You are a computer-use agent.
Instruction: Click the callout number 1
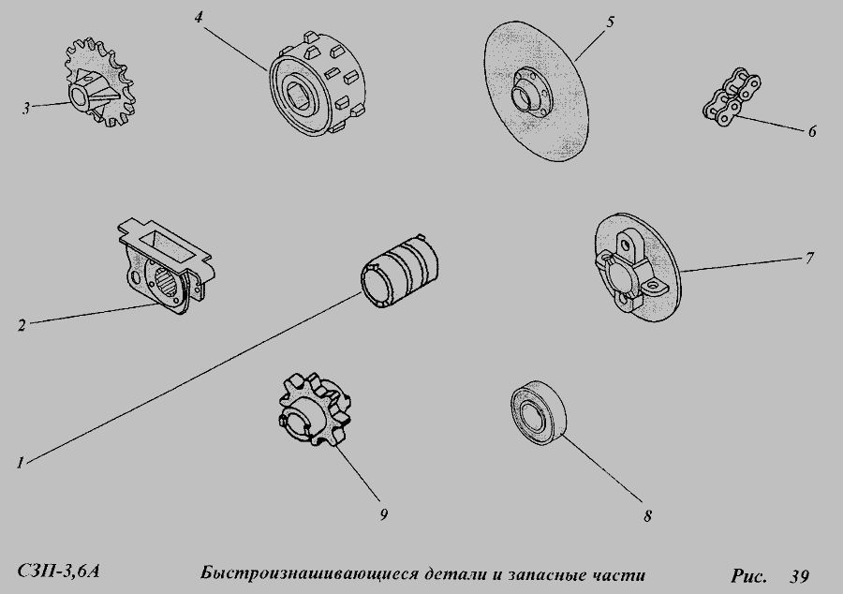[21, 462]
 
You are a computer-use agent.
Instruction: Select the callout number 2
[22, 325]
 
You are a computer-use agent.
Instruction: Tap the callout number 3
[26, 108]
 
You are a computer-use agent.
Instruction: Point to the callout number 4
[199, 17]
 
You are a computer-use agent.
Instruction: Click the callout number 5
[610, 22]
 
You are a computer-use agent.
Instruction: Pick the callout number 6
[812, 131]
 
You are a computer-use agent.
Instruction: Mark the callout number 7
[809, 258]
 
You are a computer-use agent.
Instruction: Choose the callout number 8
[647, 516]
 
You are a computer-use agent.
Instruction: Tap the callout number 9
[383, 514]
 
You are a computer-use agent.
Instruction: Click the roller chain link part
[732, 96]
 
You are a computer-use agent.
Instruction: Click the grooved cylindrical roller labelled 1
[403, 271]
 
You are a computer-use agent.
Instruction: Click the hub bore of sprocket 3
[78, 97]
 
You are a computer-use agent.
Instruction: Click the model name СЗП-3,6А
[58, 572]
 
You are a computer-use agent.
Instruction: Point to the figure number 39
[800, 575]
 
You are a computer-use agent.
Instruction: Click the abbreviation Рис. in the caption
[748, 575]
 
